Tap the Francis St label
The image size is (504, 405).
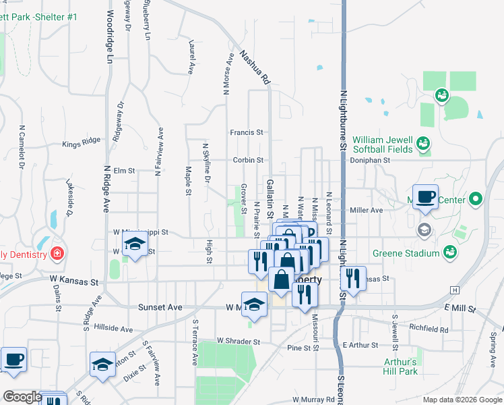pos(246,133)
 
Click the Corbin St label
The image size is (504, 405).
pos(248,160)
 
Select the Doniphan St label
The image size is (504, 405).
pos(370,161)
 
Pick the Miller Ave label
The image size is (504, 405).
pos(367,210)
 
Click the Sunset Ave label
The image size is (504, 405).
pos(160,307)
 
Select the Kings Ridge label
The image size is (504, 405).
pos(81,143)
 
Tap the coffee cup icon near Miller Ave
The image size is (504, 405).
pos(425,196)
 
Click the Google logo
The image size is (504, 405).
pos(22,397)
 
